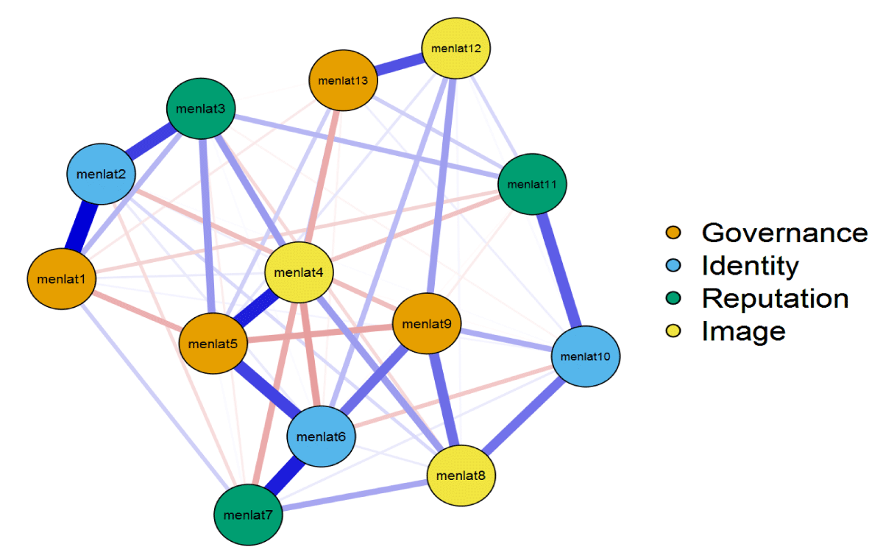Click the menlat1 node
(x=63, y=279)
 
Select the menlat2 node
(x=102, y=174)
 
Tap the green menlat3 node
(x=201, y=110)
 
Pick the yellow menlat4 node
(x=299, y=272)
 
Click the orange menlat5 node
(x=213, y=342)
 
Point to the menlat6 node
(x=321, y=436)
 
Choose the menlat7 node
(x=249, y=514)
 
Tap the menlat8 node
(x=461, y=475)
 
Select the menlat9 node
(x=427, y=323)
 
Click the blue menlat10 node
(x=586, y=356)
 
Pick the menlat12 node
(x=456, y=49)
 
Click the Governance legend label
(x=784, y=233)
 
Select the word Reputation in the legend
(x=775, y=298)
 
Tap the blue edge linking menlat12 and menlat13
(x=400, y=65)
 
